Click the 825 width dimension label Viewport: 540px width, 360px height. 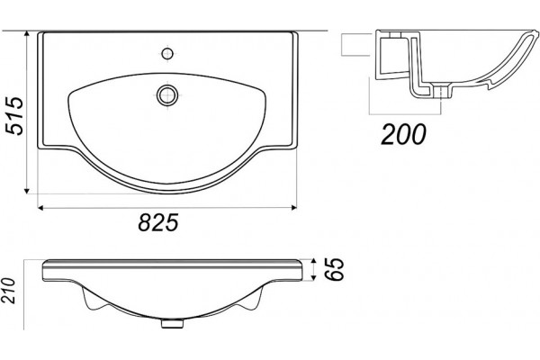[158, 222]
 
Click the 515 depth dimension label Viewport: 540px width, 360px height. [14, 116]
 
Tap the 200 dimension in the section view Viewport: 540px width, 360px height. [403, 134]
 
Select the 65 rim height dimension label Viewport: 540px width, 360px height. [335, 269]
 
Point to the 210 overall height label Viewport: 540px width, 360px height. [8, 291]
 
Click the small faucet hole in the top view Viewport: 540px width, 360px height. [167, 53]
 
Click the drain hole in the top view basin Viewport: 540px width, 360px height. [167, 95]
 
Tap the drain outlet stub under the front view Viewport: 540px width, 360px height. [172, 323]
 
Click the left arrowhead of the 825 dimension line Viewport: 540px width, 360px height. [40, 207]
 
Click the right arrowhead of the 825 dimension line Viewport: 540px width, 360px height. [293, 207]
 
